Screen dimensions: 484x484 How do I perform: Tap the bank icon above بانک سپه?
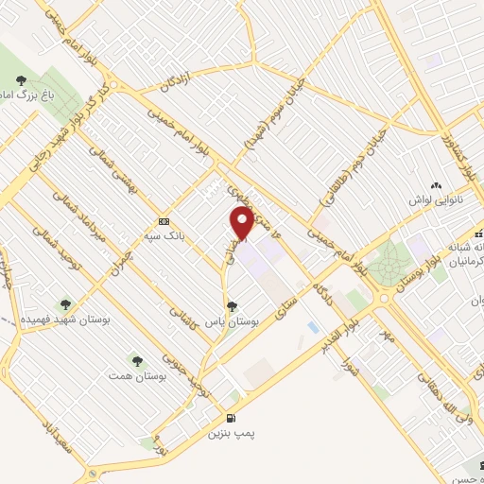click(x=164, y=221)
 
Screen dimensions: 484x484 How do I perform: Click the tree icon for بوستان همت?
click(x=137, y=360)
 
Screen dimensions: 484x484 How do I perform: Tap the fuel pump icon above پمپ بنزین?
click(x=230, y=418)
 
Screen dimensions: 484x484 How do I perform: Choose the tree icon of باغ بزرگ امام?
click(x=22, y=80)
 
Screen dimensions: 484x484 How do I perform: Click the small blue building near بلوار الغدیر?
click(x=313, y=327)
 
